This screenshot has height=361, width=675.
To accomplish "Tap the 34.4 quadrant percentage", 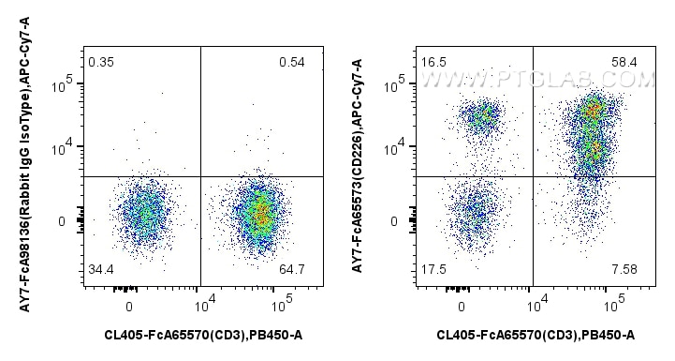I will coord(100,271).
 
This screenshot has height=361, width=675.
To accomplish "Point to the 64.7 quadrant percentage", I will coord(291,271).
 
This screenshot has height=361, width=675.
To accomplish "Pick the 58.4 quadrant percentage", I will coord(624,63).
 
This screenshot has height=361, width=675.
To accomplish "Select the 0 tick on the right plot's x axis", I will coord(462,306).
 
